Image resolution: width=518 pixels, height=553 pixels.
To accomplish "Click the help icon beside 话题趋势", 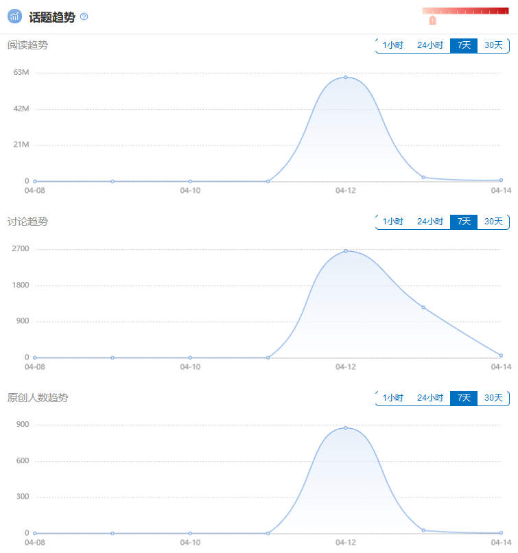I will (x=84, y=16).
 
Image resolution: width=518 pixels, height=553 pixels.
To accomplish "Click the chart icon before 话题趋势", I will (x=15, y=16).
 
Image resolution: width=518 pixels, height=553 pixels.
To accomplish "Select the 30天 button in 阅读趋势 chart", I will (x=493, y=45).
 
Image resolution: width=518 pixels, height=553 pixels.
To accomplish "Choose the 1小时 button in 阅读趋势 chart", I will (x=393, y=45).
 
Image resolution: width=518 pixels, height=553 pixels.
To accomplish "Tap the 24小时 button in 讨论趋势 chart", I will (x=430, y=222).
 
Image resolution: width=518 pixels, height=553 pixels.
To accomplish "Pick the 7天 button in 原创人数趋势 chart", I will (x=464, y=398).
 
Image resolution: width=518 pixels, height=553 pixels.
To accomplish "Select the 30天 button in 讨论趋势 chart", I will (x=493, y=222).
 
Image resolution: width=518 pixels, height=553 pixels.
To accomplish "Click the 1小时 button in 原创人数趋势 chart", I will (x=393, y=398).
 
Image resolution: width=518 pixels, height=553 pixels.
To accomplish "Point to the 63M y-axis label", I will (x=21, y=72).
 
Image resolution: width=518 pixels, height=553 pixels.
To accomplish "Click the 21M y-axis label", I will (x=21, y=145).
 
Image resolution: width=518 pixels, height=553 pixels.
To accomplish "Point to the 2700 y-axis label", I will (x=21, y=248).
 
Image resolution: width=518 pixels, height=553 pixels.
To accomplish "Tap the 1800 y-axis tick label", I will (x=21, y=285).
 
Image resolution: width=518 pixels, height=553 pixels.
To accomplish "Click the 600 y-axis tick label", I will (x=23, y=460).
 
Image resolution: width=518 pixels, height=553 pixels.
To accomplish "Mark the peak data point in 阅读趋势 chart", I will (x=346, y=77).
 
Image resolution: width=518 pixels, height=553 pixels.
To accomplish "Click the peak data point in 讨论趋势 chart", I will (x=346, y=251).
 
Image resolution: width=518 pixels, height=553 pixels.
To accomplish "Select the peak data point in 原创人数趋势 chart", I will (x=346, y=428).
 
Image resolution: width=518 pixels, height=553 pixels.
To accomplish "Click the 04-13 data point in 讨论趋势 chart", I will (x=423, y=307).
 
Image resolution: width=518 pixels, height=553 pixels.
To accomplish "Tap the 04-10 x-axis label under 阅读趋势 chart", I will (x=190, y=191).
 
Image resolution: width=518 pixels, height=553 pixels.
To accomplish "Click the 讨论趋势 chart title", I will (x=28, y=222).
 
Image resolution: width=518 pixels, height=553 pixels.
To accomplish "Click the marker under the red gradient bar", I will (x=433, y=21).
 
